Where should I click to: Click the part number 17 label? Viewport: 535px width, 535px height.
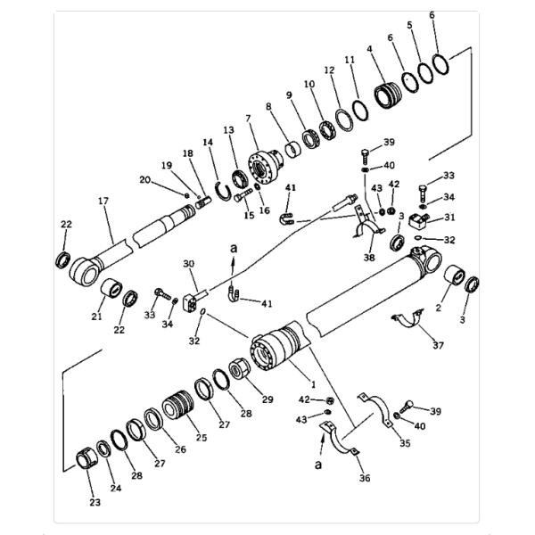pyautogui.click(x=104, y=202)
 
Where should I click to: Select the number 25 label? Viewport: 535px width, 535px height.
pyautogui.click(x=201, y=437)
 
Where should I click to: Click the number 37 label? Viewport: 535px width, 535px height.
pyautogui.click(x=437, y=345)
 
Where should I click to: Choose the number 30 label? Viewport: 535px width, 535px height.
pyautogui.click(x=188, y=264)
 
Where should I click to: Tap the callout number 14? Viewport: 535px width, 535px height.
pyautogui.click(x=208, y=142)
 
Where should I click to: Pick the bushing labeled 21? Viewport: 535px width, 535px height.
pyautogui.click(x=112, y=290)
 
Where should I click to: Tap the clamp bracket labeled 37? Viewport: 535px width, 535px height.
pyautogui.click(x=411, y=322)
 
